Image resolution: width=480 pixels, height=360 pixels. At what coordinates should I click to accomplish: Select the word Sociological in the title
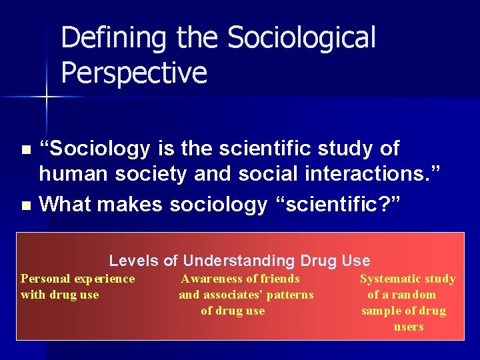click(x=301, y=38)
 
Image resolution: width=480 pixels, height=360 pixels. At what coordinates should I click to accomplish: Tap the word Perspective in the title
click(x=133, y=73)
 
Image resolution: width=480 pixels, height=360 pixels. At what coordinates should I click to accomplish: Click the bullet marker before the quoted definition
click(x=26, y=149)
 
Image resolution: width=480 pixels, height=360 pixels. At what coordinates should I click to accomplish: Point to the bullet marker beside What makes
click(x=26, y=205)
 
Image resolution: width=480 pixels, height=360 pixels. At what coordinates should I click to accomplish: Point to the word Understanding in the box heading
click(x=239, y=261)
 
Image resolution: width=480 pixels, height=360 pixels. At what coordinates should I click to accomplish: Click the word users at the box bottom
click(x=409, y=327)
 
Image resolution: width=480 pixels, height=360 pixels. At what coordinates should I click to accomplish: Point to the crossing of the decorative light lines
click(x=46, y=97)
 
